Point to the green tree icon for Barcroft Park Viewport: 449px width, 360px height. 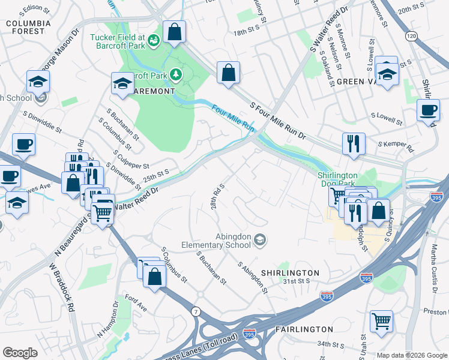coord(176,74)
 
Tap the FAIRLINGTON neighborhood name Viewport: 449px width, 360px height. coord(304,329)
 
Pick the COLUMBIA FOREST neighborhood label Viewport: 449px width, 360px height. coord(28,28)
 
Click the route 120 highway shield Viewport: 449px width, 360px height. coord(411,37)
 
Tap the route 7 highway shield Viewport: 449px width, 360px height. coord(196,311)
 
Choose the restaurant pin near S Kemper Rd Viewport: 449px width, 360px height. coord(353,143)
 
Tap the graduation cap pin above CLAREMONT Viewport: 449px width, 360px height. coord(122,83)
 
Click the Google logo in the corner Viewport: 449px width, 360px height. coord(20,353)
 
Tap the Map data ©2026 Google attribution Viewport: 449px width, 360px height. coord(412,355)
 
